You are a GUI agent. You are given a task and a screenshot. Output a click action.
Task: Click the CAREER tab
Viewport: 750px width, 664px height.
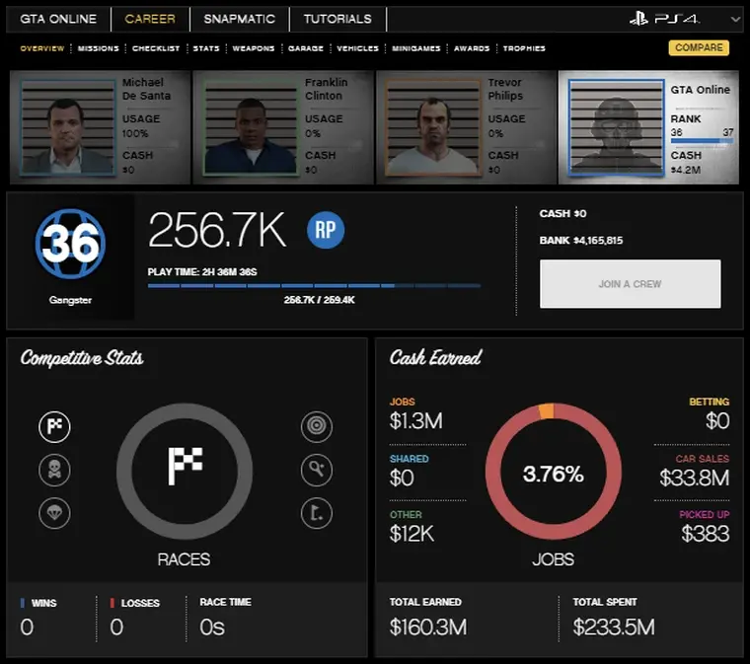(151, 19)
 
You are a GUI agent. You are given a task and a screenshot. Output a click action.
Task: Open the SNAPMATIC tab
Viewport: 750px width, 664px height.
(240, 19)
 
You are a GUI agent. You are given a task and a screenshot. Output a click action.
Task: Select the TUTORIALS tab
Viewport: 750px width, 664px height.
(337, 19)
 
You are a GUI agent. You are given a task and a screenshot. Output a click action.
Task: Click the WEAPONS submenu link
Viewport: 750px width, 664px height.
(254, 48)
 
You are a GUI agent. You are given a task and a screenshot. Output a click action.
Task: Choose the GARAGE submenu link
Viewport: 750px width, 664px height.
(305, 48)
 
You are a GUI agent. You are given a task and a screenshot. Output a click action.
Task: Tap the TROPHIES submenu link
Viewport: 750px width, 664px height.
(523, 48)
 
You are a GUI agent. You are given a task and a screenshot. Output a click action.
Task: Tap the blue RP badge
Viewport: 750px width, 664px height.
(326, 230)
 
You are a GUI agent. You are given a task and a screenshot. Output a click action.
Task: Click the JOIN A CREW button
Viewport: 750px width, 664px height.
(630, 284)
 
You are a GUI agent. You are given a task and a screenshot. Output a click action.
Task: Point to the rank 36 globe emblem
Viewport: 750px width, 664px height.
(70, 243)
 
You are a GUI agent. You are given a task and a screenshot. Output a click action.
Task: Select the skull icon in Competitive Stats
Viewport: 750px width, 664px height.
(54, 470)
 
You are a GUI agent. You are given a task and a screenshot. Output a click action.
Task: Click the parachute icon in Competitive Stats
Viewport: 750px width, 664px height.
(54, 513)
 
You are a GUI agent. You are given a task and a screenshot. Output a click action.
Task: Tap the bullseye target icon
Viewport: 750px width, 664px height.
(317, 427)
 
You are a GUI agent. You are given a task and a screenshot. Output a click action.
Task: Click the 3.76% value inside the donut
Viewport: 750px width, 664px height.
(553, 474)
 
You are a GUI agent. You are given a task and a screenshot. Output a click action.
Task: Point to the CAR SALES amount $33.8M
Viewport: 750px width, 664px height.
(694, 479)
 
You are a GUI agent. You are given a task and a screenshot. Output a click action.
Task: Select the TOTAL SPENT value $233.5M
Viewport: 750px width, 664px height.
(613, 627)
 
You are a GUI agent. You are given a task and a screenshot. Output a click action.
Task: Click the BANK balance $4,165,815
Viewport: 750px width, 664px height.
(597, 240)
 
